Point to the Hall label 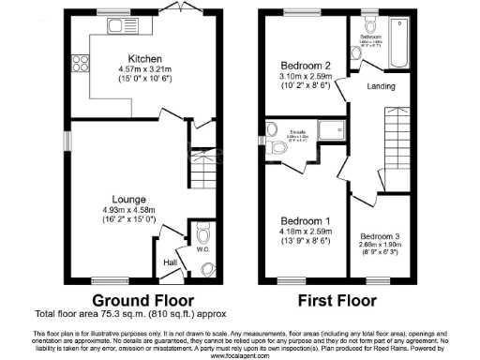pyautogui.click(x=171, y=263)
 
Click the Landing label pyautogui.click(x=381, y=88)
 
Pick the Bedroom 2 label pyautogui.click(x=304, y=66)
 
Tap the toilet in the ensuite pyautogui.click(x=276, y=148)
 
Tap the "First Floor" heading pyautogui.click(x=337, y=301)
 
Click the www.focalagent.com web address pyautogui.click(x=239, y=355)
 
